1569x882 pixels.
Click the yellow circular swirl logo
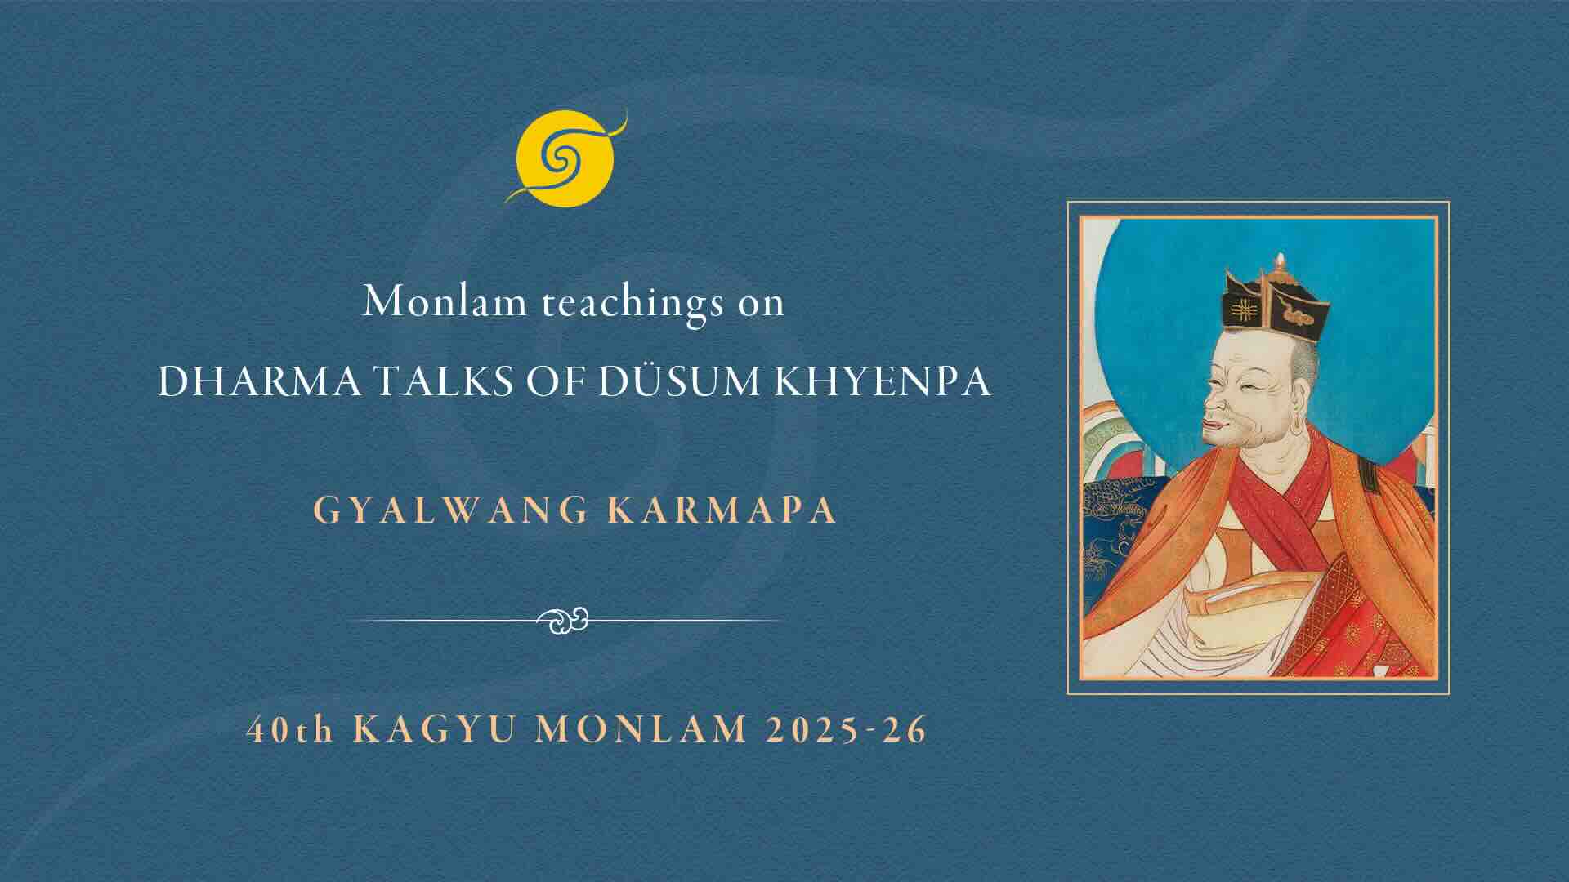point(564,157)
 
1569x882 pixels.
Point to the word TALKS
point(396,381)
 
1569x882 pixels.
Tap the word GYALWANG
point(451,510)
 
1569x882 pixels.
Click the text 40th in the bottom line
point(291,728)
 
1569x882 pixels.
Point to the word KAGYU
point(434,728)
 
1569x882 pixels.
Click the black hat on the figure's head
point(1271,302)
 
